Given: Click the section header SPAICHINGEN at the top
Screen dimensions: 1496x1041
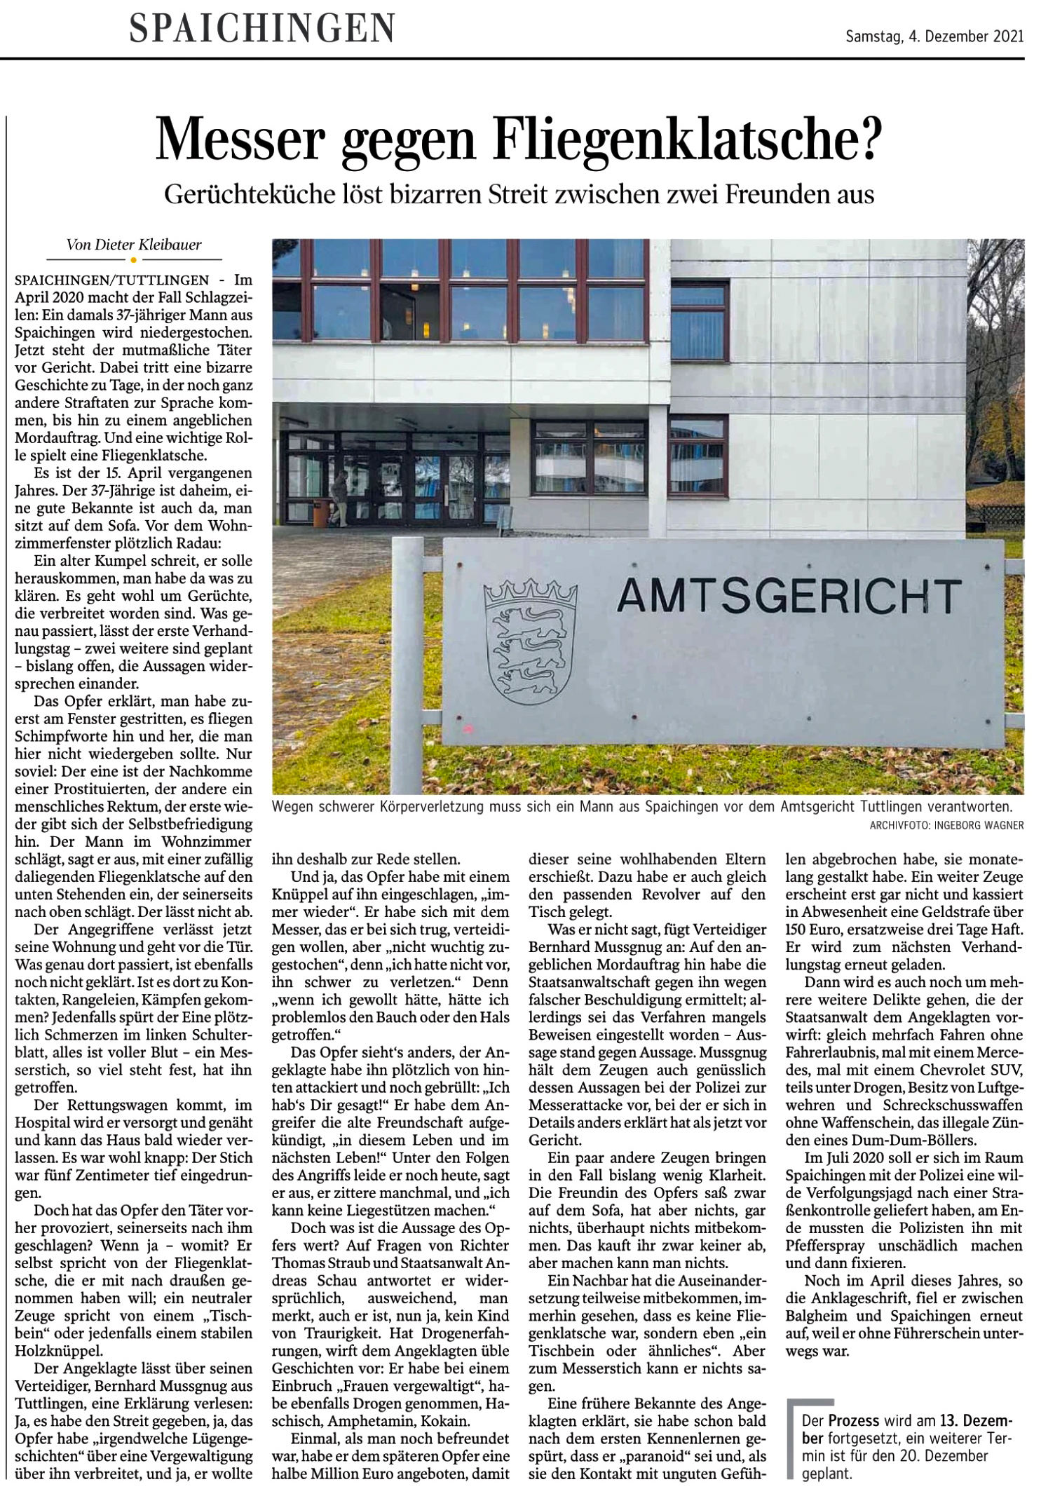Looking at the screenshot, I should tap(262, 29).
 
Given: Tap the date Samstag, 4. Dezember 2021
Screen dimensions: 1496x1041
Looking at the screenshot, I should tap(934, 36).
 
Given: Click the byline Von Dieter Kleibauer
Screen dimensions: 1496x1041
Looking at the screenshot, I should tap(134, 245).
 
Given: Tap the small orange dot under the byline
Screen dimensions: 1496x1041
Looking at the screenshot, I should tap(134, 260).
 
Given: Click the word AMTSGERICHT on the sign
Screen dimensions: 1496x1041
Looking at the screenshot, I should tap(789, 597).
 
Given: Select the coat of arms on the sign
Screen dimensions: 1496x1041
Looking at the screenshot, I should tap(531, 641).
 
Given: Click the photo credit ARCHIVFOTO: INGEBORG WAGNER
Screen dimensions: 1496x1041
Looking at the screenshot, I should tap(946, 825).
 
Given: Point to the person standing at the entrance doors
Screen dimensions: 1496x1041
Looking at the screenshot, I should tap(340, 496).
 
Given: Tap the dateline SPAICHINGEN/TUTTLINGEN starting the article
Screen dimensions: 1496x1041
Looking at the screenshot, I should tap(112, 280).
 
